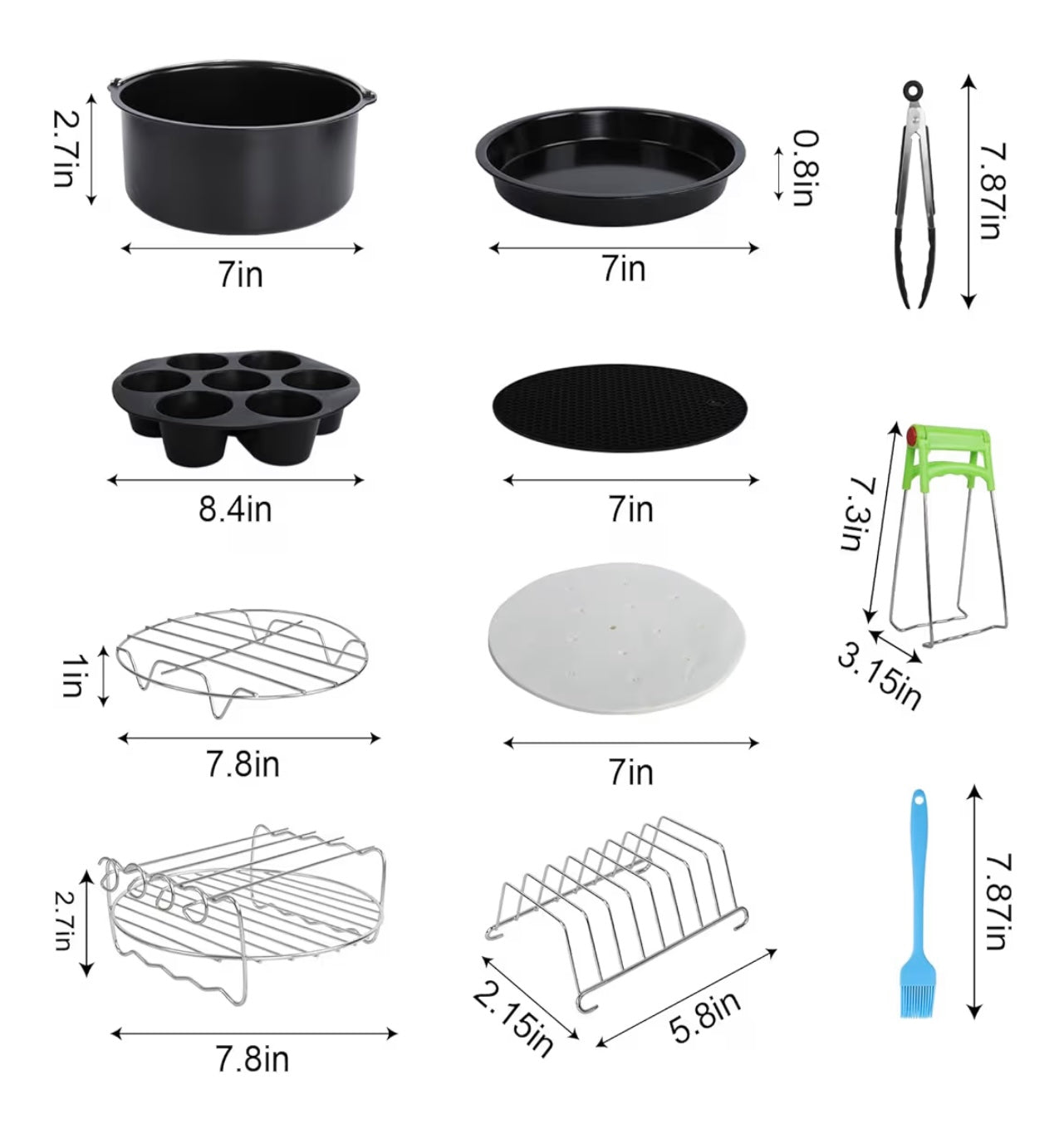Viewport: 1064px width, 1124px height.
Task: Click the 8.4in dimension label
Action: [x=235, y=508]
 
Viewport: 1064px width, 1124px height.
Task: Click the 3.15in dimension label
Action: [x=879, y=677]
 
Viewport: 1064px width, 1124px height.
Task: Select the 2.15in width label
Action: [x=513, y=1018]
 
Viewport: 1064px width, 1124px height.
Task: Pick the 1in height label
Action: [x=74, y=675]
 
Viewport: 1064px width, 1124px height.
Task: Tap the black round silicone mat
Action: [x=621, y=407]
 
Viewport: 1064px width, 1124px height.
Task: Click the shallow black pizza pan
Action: [x=610, y=164]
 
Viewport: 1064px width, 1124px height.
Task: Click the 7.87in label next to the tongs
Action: [x=992, y=191]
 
